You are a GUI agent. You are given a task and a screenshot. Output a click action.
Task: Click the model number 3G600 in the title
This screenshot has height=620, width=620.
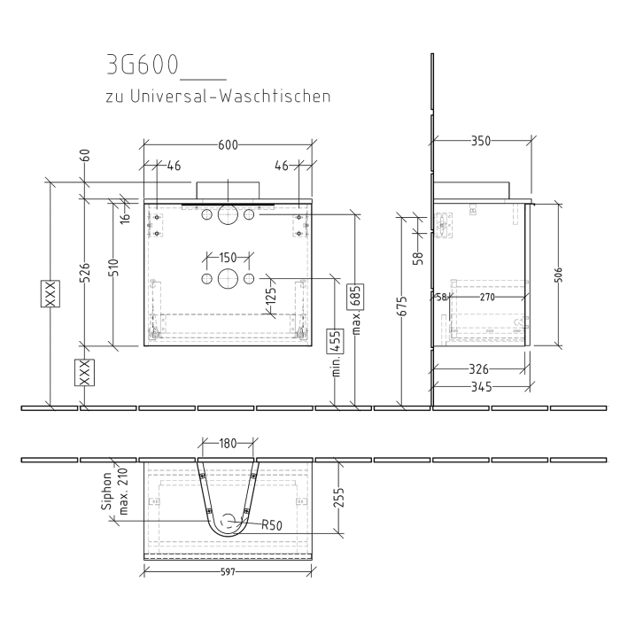(143, 65)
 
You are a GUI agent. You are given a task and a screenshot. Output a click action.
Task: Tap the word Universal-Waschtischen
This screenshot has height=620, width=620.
(230, 97)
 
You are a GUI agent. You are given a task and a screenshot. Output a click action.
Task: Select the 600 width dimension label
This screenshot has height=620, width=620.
(229, 145)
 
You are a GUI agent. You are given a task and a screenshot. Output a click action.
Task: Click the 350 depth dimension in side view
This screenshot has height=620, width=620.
(481, 141)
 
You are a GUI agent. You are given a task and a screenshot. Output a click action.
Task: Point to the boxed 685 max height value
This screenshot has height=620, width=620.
(355, 297)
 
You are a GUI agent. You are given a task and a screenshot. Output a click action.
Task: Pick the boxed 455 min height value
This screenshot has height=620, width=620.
(335, 341)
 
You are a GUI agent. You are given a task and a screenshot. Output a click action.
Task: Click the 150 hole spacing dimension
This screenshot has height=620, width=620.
(228, 258)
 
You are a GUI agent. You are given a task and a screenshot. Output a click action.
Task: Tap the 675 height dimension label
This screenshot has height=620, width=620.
(402, 306)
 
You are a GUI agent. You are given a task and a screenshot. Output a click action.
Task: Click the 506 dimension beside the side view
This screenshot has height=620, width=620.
(558, 275)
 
